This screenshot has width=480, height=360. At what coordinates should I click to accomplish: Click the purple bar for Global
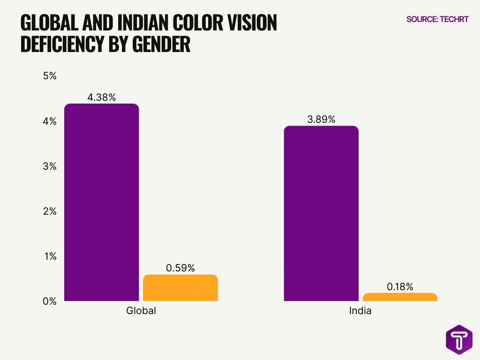coord(101,202)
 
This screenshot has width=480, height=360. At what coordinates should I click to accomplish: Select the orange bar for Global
coord(180,288)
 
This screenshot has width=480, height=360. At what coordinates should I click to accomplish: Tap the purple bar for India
coord(321,213)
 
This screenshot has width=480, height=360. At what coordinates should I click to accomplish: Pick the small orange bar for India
coord(400,297)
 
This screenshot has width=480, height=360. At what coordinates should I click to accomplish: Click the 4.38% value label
coord(101,97)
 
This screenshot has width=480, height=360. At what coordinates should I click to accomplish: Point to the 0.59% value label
coord(180,268)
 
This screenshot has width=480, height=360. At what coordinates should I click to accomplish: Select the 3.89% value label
coord(321,120)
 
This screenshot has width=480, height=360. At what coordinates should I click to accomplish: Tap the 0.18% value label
coord(400,287)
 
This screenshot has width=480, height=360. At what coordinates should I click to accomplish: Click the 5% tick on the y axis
coord(50,76)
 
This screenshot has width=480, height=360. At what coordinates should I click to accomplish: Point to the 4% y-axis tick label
coord(50,121)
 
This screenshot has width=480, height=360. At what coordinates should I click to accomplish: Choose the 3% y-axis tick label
coord(50,166)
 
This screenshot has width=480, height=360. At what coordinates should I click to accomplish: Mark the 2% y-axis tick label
coord(50,211)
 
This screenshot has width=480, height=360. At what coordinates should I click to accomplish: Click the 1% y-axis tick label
coord(50,256)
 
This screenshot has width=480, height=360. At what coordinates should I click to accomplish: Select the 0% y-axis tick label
coord(50,301)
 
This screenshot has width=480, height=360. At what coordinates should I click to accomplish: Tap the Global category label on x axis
coord(141,311)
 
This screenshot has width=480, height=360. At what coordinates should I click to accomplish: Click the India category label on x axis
coord(360,311)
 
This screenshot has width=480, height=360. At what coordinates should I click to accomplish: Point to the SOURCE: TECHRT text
coord(437,20)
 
